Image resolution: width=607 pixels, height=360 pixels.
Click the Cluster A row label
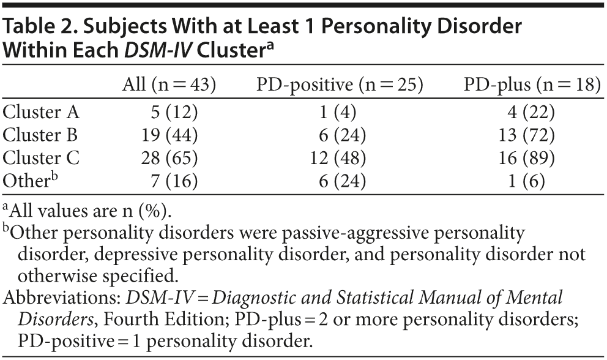42,112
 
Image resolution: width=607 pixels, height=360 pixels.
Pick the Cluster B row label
41,135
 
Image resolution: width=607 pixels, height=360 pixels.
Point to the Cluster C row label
41,159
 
